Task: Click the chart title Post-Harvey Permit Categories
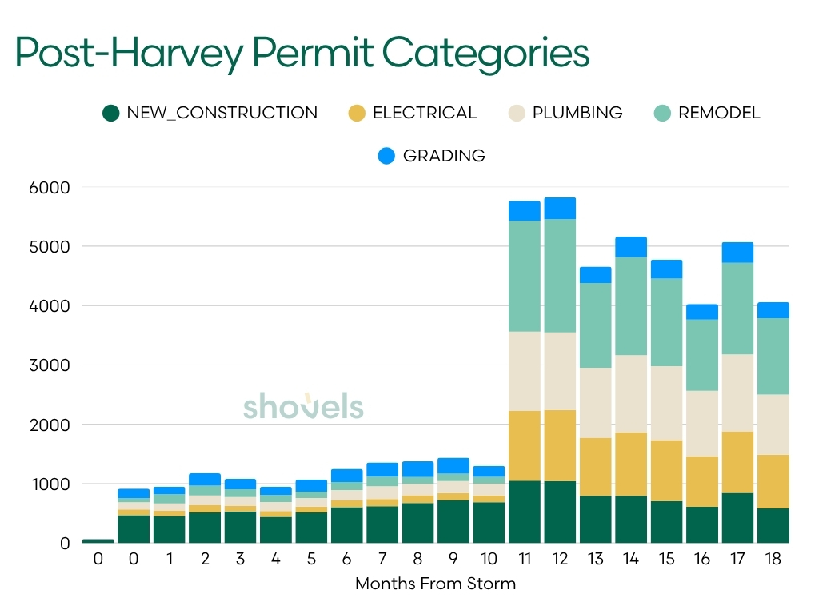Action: pyautogui.click(x=302, y=53)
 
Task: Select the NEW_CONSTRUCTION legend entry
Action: pyautogui.click(x=210, y=113)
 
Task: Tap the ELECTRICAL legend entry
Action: pyautogui.click(x=413, y=113)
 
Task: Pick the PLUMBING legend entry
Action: pyautogui.click(x=565, y=113)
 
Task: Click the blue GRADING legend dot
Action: pyautogui.click(x=386, y=155)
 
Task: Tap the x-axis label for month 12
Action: pyautogui.click(x=560, y=560)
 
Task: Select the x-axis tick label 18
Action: pyautogui.click(x=773, y=560)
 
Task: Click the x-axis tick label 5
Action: pyautogui.click(x=311, y=560)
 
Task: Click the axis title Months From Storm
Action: pyautogui.click(x=435, y=584)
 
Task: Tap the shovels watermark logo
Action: pyautogui.click(x=303, y=405)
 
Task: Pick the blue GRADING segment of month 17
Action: pyautogui.click(x=737, y=252)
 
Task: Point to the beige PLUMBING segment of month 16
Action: pyautogui.click(x=701, y=423)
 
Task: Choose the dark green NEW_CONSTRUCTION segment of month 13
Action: pyautogui.click(x=595, y=519)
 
